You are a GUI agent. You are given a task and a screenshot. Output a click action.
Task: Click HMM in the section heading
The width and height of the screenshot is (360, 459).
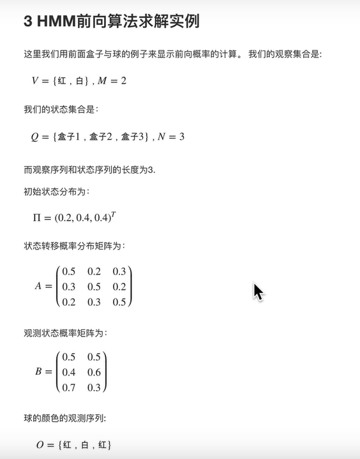click(x=56, y=21)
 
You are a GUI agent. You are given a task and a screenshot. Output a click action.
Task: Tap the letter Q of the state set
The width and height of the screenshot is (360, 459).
click(x=36, y=137)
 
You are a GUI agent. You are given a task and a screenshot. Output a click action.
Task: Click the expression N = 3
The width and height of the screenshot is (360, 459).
click(x=170, y=137)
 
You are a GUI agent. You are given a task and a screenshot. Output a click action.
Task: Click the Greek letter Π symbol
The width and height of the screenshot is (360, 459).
click(x=37, y=218)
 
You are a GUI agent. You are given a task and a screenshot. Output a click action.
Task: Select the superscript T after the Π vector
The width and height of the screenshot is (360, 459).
click(x=113, y=213)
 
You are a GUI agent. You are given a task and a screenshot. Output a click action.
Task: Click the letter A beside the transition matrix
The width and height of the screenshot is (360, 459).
click(x=38, y=286)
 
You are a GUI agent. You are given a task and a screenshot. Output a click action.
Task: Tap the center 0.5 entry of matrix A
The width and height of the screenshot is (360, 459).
click(x=94, y=286)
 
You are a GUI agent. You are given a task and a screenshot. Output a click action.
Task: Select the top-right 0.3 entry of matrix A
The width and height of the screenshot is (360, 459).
click(x=119, y=271)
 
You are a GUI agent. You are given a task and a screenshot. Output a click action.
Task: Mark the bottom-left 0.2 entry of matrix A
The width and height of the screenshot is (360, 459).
click(x=69, y=301)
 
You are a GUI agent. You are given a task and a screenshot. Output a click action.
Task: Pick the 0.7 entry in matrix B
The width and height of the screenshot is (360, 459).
click(x=69, y=386)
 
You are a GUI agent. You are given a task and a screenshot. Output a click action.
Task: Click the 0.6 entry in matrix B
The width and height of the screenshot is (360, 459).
click(x=94, y=372)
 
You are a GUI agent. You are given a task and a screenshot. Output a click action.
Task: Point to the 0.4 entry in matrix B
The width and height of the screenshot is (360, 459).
click(x=69, y=372)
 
